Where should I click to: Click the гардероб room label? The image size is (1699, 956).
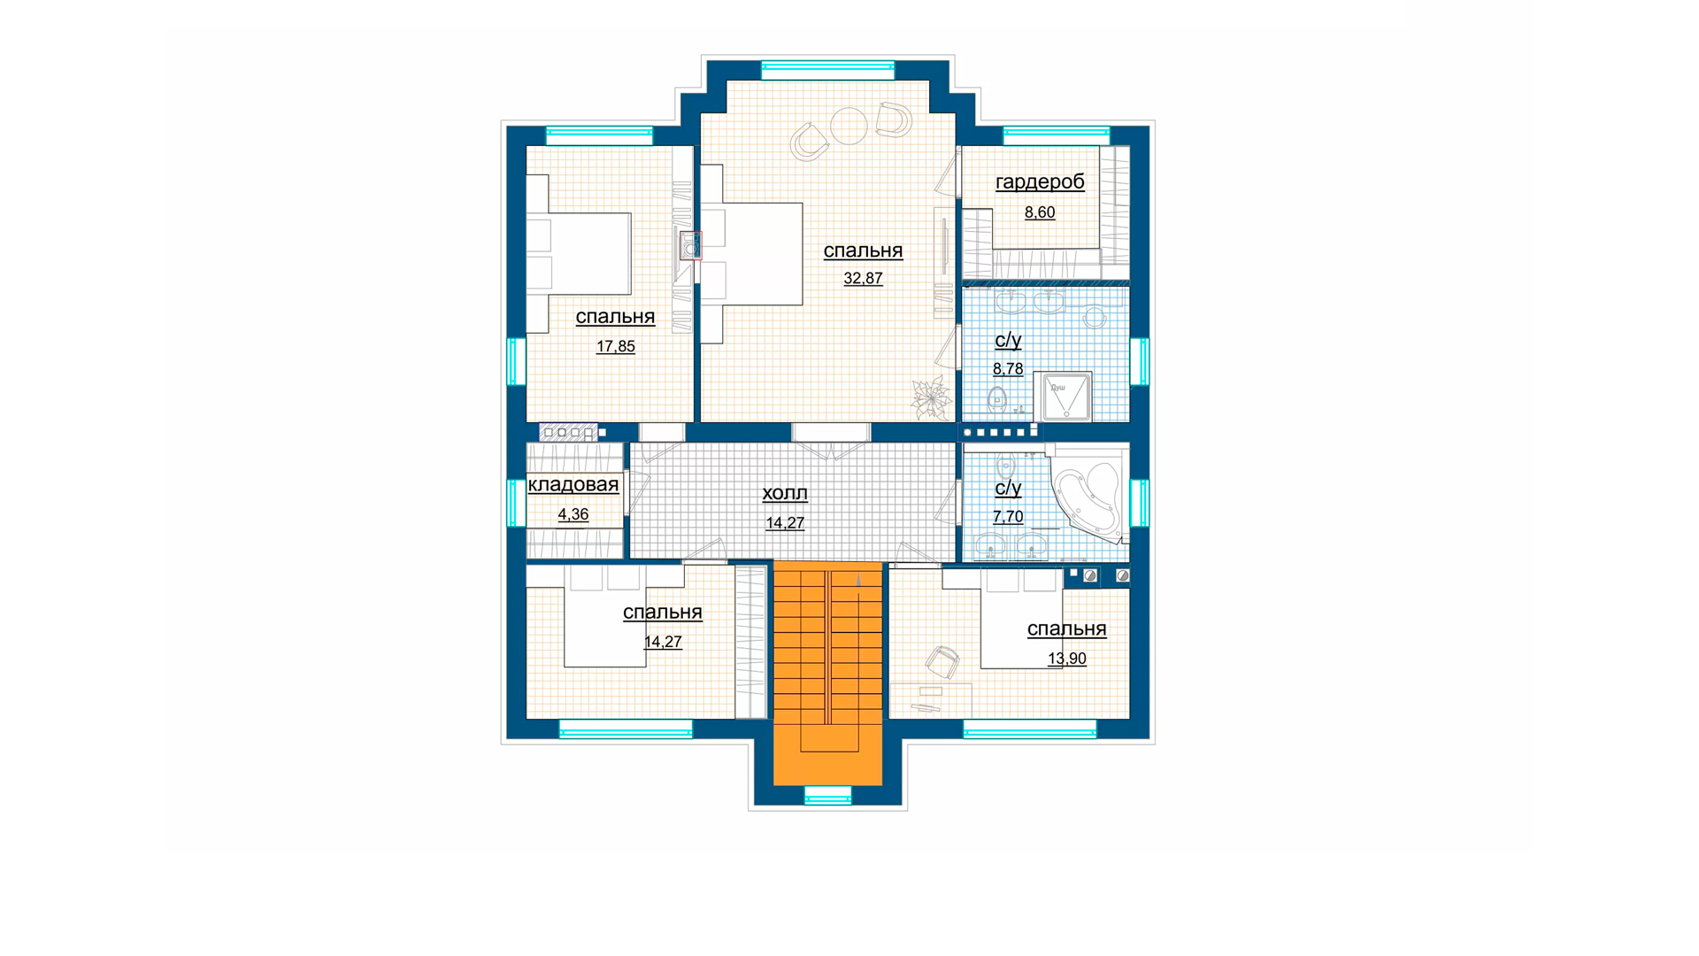(x=1040, y=182)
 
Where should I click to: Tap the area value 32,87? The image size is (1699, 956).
(x=863, y=278)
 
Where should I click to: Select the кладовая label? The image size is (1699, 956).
(x=573, y=484)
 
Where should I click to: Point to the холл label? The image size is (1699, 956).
(x=785, y=493)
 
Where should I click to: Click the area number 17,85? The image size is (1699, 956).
(x=615, y=346)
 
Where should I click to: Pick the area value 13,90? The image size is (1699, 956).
(x=1066, y=658)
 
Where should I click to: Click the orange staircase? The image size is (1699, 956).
(x=827, y=673)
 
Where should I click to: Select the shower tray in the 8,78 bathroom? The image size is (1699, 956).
(x=1063, y=395)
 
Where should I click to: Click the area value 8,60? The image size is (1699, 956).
(x=1040, y=212)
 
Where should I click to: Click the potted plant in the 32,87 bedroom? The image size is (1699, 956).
(x=931, y=397)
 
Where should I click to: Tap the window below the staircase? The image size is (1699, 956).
(x=827, y=795)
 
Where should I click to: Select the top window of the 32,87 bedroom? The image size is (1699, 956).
(x=827, y=69)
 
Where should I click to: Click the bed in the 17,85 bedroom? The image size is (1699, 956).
(x=579, y=253)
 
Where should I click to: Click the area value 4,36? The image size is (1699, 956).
(x=573, y=514)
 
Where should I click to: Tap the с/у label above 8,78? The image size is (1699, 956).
(x=1008, y=340)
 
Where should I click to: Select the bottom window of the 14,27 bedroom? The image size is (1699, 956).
(x=626, y=729)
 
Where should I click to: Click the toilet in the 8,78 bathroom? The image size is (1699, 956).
(x=997, y=399)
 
